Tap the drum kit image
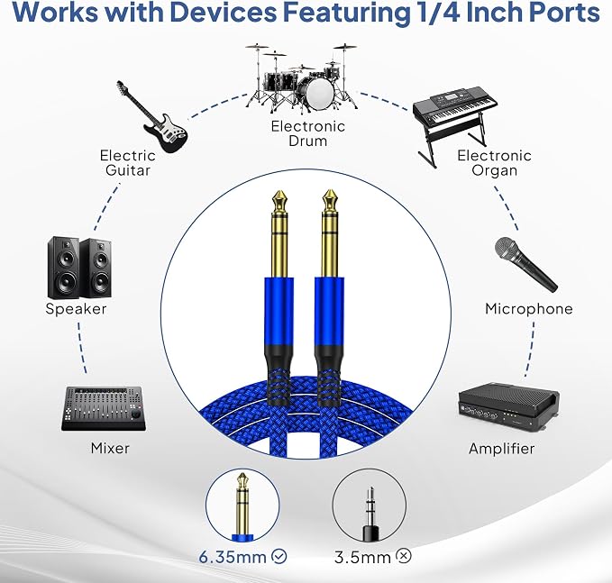pyautogui.click(x=301, y=79)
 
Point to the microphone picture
pyautogui.click(x=525, y=265)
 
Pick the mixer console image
pyautogui.click(x=104, y=408)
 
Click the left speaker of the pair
pyautogui.click(x=64, y=268)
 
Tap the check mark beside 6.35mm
pyautogui.click(x=279, y=556)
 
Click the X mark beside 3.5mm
pyautogui.click(x=404, y=555)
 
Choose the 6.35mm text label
pyautogui.click(x=233, y=557)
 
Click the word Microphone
pyautogui.click(x=529, y=309)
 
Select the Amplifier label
pyautogui.click(x=501, y=449)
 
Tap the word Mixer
pyautogui.click(x=110, y=448)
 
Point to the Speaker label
pyautogui.click(x=76, y=309)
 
